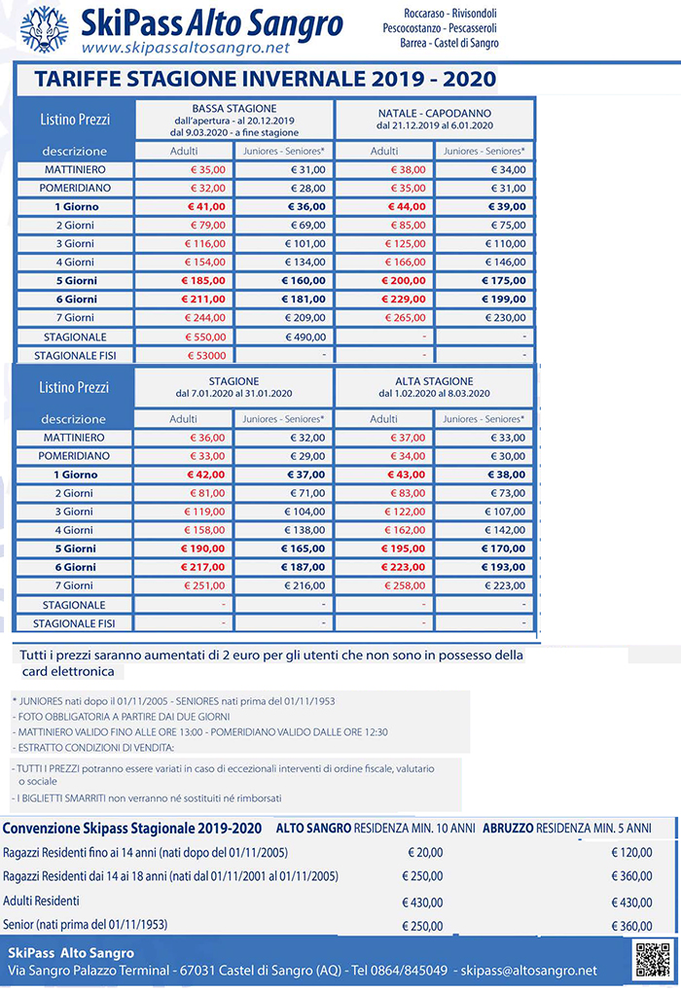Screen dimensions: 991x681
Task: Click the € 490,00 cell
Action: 302,336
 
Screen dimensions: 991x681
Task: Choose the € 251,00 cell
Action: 203,585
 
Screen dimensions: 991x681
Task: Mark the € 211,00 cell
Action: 203,300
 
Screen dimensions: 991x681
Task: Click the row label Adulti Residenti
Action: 42,901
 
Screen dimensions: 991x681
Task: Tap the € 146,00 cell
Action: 503,263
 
